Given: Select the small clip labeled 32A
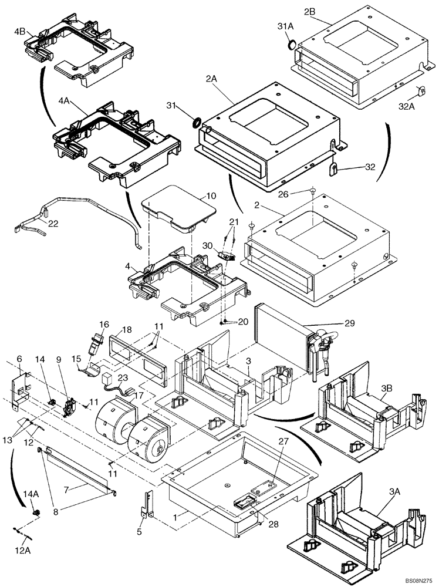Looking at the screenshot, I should (x=421, y=92).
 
